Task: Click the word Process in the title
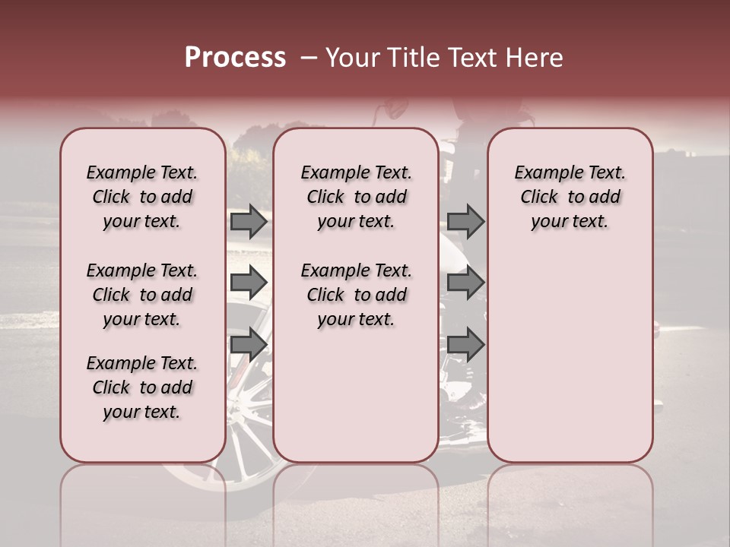(x=235, y=58)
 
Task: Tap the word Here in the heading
(x=535, y=58)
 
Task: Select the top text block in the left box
(x=142, y=197)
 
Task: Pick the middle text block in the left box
(x=142, y=295)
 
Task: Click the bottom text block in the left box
(x=142, y=387)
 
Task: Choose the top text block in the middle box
(x=356, y=197)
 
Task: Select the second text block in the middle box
(x=356, y=295)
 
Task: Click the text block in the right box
(x=570, y=197)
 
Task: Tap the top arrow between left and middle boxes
(x=249, y=221)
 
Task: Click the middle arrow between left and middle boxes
(x=249, y=283)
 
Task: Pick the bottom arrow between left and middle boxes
(x=249, y=344)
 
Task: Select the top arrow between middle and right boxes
(x=465, y=221)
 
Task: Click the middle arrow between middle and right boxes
(x=465, y=283)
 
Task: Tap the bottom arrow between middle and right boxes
(x=465, y=344)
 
